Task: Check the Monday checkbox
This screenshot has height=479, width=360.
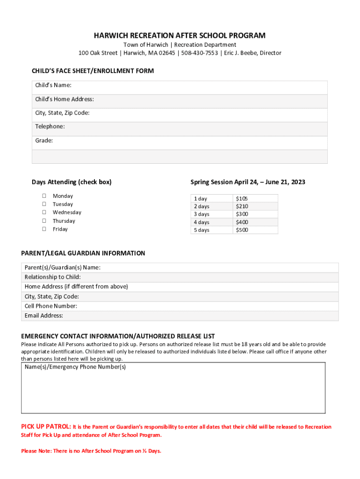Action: (44, 196)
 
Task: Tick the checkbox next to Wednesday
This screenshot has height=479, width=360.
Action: (44, 212)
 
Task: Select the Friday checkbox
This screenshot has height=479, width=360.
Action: (44, 229)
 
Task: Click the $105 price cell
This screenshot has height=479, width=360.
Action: (242, 199)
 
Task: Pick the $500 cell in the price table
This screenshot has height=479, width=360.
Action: (242, 230)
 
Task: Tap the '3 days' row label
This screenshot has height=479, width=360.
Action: (202, 214)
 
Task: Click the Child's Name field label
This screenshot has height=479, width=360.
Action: (53, 85)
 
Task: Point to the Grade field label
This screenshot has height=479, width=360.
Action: (44, 140)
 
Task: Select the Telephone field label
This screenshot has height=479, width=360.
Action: (50, 127)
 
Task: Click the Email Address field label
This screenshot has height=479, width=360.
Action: (44, 316)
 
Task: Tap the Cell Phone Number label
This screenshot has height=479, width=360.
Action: (51, 306)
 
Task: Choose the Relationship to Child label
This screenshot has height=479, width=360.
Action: (52, 277)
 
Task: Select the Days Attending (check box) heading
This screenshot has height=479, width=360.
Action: (72, 182)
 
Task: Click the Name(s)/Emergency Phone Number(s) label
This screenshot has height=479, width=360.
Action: (75, 367)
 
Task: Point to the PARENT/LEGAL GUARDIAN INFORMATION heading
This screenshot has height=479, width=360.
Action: (83, 253)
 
